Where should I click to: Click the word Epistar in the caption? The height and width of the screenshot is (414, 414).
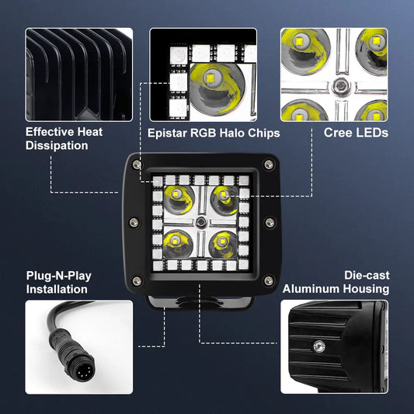(167, 134)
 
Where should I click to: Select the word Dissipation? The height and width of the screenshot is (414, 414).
(57, 146)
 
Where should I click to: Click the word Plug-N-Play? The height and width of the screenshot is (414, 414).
(59, 277)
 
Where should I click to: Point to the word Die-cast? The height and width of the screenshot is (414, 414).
(367, 275)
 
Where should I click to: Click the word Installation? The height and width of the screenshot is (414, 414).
(57, 290)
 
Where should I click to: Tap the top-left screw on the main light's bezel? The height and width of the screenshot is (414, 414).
(137, 165)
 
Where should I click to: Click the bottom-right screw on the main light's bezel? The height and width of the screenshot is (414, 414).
(269, 280)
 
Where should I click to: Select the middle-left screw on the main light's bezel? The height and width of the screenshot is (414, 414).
(134, 222)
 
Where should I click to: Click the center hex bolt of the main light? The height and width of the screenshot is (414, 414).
(201, 222)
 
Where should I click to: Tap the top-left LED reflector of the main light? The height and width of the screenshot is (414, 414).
(179, 200)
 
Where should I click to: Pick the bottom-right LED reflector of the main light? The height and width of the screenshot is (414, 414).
(224, 245)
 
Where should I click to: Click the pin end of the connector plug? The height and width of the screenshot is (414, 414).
(84, 373)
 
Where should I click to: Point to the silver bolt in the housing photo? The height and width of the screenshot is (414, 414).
(319, 346)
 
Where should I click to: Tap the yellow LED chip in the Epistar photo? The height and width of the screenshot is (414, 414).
(210, 78)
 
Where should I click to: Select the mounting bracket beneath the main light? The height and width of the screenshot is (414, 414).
(200, 302)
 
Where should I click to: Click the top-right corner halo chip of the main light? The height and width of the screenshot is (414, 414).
(243, 181)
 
